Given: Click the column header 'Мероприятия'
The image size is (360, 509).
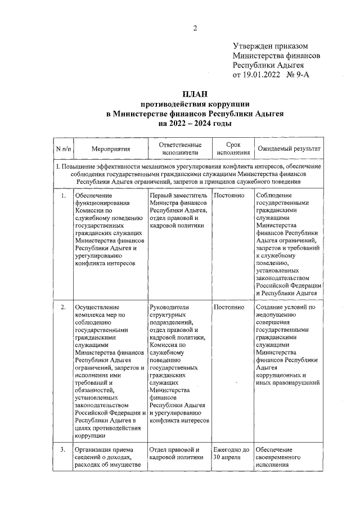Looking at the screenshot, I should click(x=110, y=149).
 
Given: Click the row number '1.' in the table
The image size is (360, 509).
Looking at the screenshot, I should click(x=63, y=195).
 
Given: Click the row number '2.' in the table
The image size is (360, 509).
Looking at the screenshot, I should click(x=63, y=307).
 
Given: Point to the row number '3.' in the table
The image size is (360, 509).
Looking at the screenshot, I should click(x=63, y=449).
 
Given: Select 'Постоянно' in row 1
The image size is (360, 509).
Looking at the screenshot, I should click(x=229, y=195).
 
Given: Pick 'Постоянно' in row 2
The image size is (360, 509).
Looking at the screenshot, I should click(x=229, y=307).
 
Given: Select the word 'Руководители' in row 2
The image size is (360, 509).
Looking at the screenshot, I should click(x=170, y=307).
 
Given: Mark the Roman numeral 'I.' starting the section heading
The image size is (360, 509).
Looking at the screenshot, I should click(x=57, y=166).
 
